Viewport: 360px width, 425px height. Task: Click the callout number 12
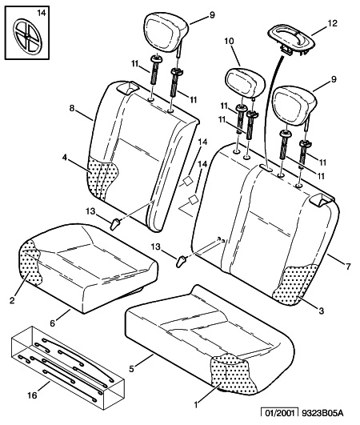tap(332, 23)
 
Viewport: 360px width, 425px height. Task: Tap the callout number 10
tap(229, 41)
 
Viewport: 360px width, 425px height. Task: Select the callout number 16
tap(32, 395)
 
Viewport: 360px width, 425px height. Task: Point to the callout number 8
tap(72, 108)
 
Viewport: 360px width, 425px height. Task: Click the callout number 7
tap(348, 267)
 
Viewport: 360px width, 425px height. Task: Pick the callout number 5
tap(131, 369)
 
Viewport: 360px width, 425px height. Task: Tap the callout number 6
tap(52, 323)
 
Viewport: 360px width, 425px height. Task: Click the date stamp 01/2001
tap(279, 413)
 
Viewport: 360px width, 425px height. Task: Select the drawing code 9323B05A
tap(322, 413)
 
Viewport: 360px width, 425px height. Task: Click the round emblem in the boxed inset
tap(28, 36)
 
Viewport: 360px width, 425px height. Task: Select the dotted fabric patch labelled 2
tap(30, 263)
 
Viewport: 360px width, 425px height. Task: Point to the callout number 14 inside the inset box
tap(42, 13)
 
